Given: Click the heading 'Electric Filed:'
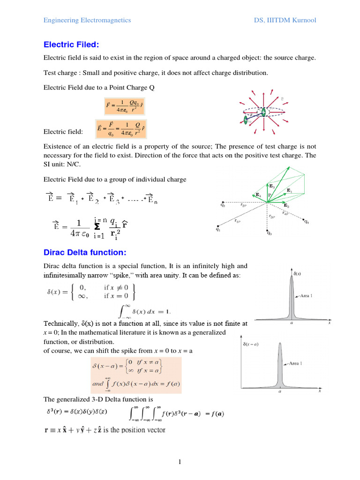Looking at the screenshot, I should [72, 45].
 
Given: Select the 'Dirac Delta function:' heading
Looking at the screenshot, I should [85, 253].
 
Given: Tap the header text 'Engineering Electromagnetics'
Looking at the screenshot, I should [87, 20].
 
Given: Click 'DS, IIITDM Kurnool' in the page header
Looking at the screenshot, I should [285, 20].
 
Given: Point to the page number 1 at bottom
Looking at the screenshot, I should [180, 462].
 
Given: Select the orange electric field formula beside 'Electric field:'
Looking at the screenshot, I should [120, 128].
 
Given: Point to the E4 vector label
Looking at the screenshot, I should [258, 194].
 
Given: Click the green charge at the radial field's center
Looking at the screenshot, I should [263, 112].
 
